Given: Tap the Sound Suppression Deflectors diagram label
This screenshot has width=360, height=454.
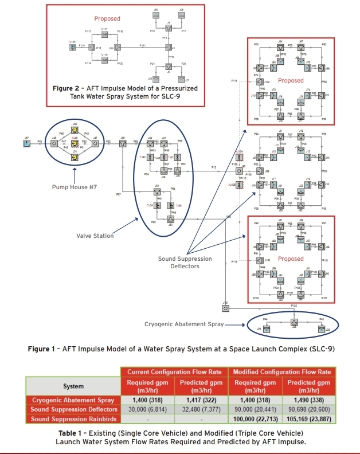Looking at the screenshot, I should pyautogui.click(x=185, y=263).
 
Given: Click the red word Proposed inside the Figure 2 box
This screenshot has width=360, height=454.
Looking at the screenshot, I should pyautogui.click(x=107, y=19).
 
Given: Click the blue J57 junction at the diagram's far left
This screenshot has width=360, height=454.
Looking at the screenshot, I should pyautogui.click(x=26, y=144).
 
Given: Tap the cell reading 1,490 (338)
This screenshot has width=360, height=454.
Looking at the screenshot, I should pyautogui.click(x=310, y=400).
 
